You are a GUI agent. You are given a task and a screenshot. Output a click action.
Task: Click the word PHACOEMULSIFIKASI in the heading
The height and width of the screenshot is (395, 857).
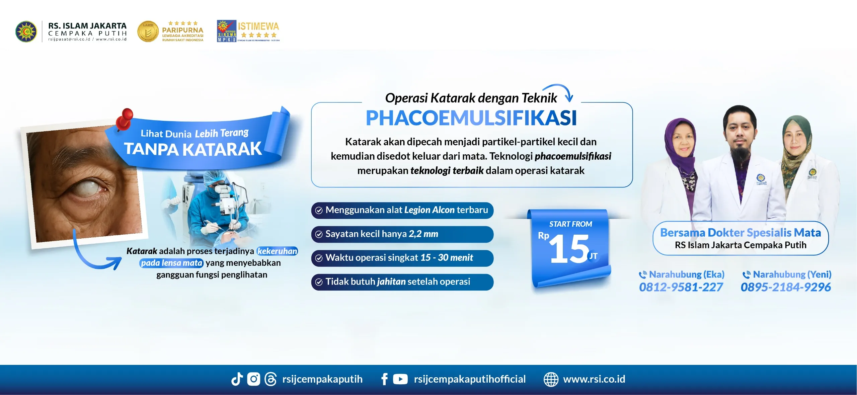[x=471, y=118]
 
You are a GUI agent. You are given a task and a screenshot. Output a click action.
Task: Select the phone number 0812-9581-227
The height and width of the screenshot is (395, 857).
[x=681, y=287]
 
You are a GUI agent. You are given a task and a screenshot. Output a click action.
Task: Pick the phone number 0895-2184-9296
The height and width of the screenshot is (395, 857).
[x=786, y=287]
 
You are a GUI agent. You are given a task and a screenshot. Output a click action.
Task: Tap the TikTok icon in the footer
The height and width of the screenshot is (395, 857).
[x=237, y=379]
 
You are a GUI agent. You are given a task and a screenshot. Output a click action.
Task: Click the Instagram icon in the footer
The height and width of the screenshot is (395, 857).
[x=253, y=379]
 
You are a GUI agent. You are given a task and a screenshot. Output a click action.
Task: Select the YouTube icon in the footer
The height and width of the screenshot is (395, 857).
[x=400, y=379]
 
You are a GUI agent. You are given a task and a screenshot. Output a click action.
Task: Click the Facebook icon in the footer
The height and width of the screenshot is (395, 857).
[x=385, y=379]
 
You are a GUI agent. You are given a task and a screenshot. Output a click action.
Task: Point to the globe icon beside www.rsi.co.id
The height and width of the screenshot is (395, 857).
[x=551, y=379]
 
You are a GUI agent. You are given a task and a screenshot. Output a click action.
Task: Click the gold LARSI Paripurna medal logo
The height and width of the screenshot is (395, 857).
[x=148, y=31]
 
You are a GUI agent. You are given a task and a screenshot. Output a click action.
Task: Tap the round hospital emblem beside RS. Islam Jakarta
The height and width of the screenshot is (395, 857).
[x=26, y=31]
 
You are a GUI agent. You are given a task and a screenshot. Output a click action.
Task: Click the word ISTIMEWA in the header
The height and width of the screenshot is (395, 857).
[x=258, y=26]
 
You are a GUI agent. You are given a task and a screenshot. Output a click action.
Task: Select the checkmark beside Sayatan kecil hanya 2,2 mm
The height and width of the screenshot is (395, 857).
[x=319, y=234]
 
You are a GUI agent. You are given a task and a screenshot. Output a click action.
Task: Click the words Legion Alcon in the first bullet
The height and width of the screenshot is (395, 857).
[x=430, y=210]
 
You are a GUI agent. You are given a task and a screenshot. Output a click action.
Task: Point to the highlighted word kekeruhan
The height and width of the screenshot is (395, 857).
[x=277, y=251]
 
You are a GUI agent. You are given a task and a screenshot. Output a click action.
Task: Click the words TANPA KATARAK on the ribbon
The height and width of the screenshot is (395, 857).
[x=192, y=149]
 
